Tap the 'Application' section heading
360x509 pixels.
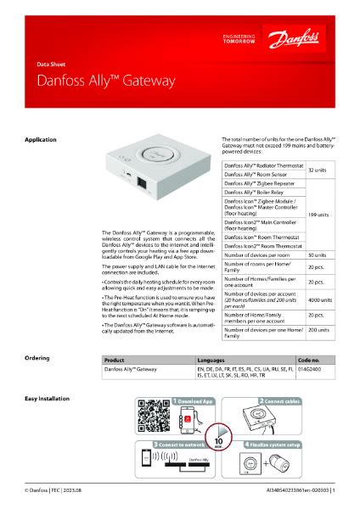point(41,139)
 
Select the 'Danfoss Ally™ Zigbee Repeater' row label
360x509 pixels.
point(260,182)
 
